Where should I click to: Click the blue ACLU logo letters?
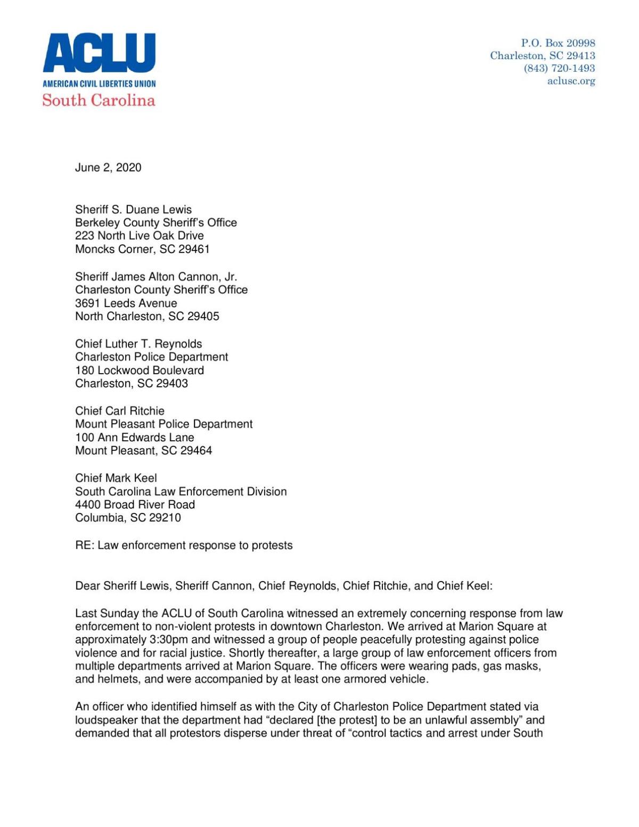click(99, 53)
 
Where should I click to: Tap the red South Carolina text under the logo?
click(99, 100)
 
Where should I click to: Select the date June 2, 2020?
click(108, 168)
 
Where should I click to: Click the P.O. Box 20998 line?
click(558, 43)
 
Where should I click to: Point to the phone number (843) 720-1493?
click(559, 68)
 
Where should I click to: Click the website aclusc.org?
click(571, 81)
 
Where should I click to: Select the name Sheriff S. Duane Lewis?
click(133, 210)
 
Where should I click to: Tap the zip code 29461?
click(194, 249)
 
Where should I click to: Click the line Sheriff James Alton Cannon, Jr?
click(156, 277)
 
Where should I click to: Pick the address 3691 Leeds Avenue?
click(126, 303)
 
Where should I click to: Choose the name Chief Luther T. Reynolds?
click(138, 344)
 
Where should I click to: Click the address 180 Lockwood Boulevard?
click(140, 370)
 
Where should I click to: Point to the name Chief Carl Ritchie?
click(120, 411)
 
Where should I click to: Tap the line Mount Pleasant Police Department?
click(164, 424)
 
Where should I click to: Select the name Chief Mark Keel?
click(116, 478)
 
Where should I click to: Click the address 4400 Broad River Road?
click(135, 505)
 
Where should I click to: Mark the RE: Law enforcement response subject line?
click(184, 545)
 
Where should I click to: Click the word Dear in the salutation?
click(87, 586)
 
